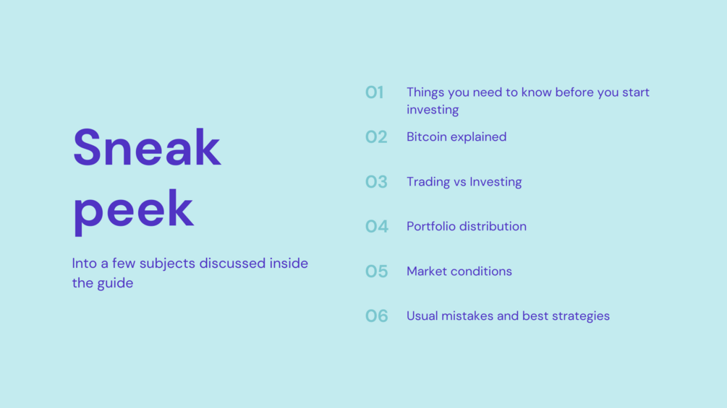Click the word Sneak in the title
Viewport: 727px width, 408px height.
[x=147, y=147]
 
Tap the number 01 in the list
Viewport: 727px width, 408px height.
[x=374, y=92]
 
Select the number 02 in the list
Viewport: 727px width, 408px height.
[x=376, y=137]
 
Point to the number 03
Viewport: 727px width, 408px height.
[x=376, y=182]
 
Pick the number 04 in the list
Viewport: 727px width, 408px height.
[x=376, y=226]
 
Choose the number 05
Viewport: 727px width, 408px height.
[x=376, y=271]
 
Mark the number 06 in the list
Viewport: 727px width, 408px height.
[x=376, y=316]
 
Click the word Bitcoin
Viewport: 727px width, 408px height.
[x=427, y=137]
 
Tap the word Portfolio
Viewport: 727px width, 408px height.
[x=430, y=226]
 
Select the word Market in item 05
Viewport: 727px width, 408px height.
[x=424, y=271]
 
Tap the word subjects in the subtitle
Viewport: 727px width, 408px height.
[x=167, y=264]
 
